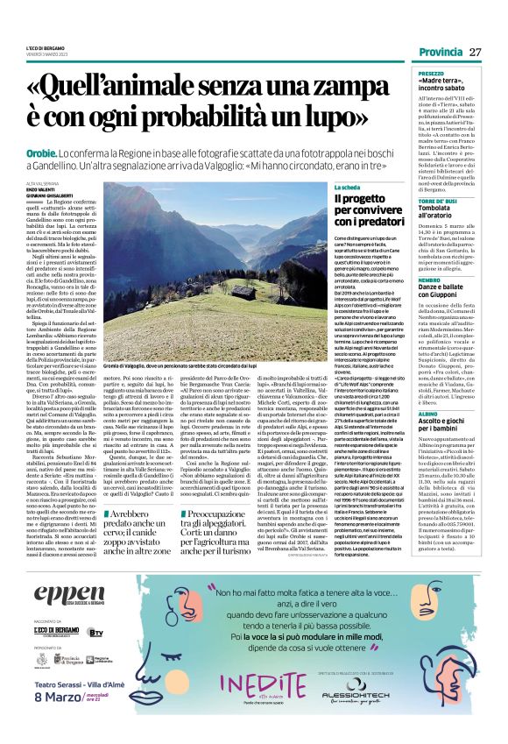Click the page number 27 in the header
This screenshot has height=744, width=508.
(x=476, y=53)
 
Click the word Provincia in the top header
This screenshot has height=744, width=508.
(x=439, y=53)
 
